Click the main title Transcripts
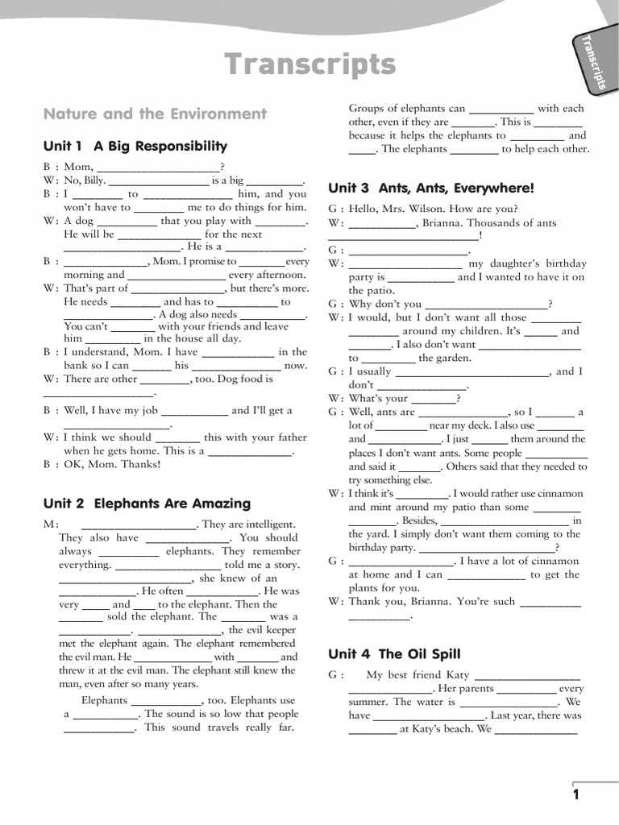click(309, 64)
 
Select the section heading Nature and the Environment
click(155, 114)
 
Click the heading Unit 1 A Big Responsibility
click(135, 146)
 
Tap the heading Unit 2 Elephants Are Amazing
click(147, 504)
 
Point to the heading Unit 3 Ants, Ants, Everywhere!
click(431, 189)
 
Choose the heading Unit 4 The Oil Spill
click(394, 654)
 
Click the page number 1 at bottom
click(576, 795)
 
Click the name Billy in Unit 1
click(94, 180)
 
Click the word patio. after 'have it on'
click(372, 290)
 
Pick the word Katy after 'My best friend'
click(457, 675)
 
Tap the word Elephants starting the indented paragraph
click(105, 700)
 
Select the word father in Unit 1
click(291, 437)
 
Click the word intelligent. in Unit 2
click(268, 524)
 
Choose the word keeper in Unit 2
click(281, 630)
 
